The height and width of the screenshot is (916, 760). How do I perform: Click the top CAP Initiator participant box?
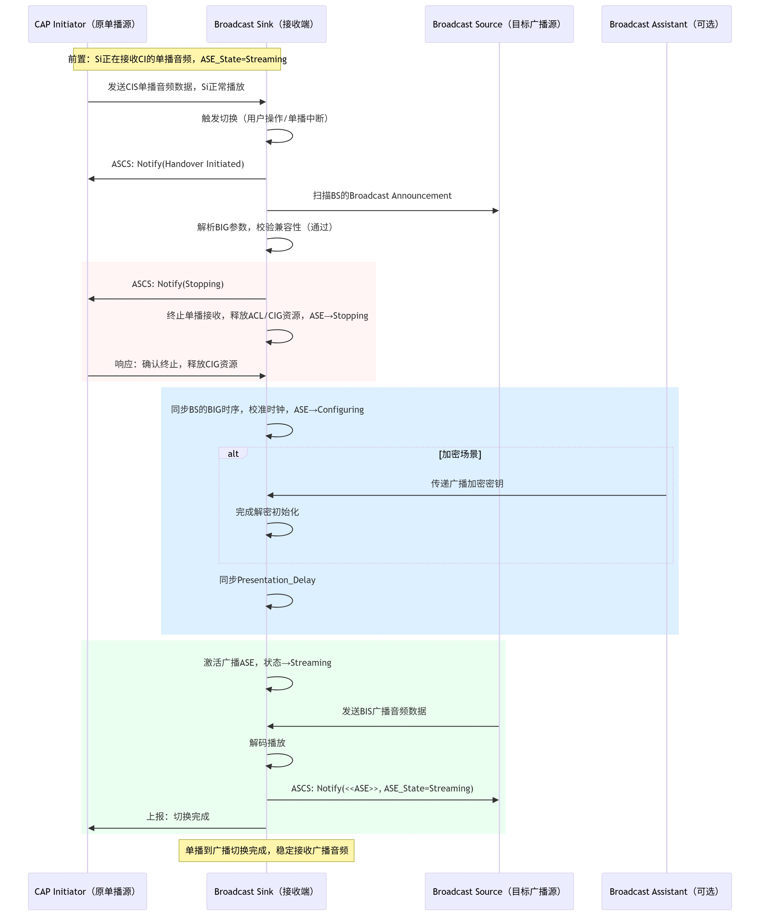click(87, 24)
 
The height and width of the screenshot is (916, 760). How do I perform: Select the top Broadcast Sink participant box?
click(266, 24)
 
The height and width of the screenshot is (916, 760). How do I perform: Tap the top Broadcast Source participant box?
click(499, 24)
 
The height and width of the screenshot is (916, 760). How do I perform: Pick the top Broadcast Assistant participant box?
click(667, 24)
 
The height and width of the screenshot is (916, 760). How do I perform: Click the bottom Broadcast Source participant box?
click(499, 891)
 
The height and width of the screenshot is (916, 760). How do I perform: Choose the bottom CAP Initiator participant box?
click(87, 891)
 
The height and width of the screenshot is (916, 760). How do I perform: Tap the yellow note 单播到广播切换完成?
click(266, 850)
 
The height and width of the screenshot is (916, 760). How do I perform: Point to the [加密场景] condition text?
click(460, 454)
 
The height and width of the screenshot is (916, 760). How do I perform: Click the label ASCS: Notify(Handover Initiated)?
click(178, 164)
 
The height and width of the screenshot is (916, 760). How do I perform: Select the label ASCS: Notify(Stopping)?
click(178, 284)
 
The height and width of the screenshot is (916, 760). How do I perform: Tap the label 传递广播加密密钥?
click(467, 483)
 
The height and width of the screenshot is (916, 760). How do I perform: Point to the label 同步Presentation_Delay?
click(267, 580)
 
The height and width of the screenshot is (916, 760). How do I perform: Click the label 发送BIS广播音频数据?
click(384, 711)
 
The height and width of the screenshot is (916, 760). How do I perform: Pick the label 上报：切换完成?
click(178, 816)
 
